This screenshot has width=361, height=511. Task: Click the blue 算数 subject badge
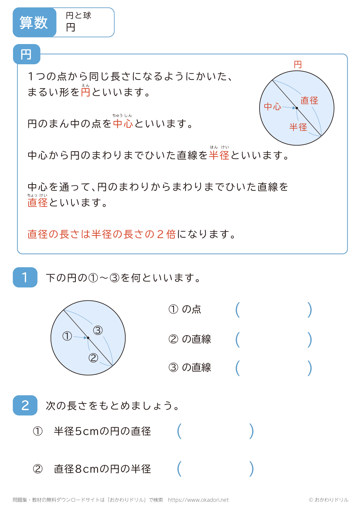point(34,22)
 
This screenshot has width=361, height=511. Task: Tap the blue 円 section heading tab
point(26,55)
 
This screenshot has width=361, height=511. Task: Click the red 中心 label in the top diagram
point(273,107)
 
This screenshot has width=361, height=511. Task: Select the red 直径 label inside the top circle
point(309,100)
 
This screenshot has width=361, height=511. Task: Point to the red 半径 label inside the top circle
point(298,127)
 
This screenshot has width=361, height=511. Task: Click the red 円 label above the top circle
point(297,65)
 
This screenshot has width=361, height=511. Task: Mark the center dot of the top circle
point(297,108)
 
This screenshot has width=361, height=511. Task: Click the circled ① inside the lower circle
point(67,336)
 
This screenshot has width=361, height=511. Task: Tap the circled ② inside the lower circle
point(93,358)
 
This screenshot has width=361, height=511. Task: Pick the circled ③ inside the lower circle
point(98,330)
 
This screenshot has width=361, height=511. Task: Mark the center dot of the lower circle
point(88,338)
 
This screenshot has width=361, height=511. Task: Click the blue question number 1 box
point(25,277)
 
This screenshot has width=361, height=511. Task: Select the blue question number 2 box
point(25,405)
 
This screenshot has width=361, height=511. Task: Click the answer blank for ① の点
point(273,310)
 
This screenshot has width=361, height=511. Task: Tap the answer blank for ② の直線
point(273,339)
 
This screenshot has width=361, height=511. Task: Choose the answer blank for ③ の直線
point(273,368)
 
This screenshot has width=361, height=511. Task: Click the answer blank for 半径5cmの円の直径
point(215,431)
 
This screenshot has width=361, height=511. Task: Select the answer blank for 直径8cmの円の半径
point(215,469)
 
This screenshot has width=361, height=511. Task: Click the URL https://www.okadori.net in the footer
point(198,500)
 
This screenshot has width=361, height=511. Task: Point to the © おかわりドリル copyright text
point(329,500)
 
